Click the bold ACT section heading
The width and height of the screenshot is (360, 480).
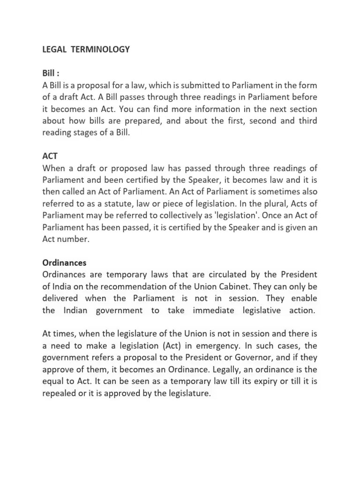click(x=50, y=156)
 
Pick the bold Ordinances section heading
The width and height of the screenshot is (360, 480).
click(x=64, y=262)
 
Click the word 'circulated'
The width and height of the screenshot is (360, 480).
click(x=211, y=275)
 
